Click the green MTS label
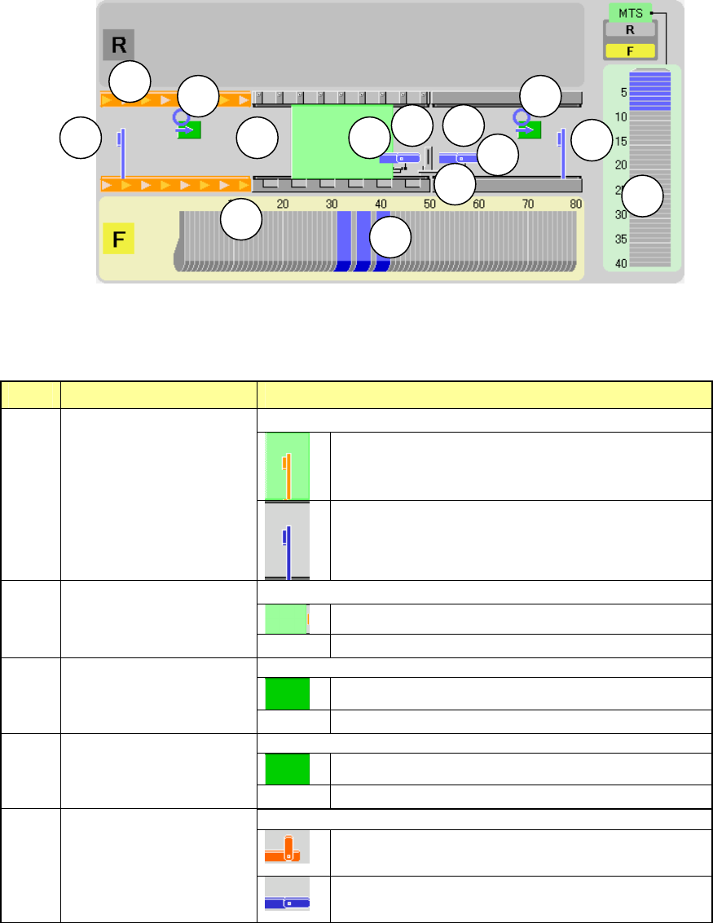click(x=631, y=13)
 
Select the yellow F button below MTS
click(x=630, y=50)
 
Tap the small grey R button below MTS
click(x=630, y=29)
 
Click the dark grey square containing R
click(x=118, y=46)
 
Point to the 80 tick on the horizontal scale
click(x=576, y=204)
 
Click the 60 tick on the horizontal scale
click(x=478, y=204)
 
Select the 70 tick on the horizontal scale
click(x=527, y=204)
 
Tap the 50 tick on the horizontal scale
click(x=429, y=204)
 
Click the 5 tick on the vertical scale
click(x=623, y=93)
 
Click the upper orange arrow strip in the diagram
click(x=174, y=100)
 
